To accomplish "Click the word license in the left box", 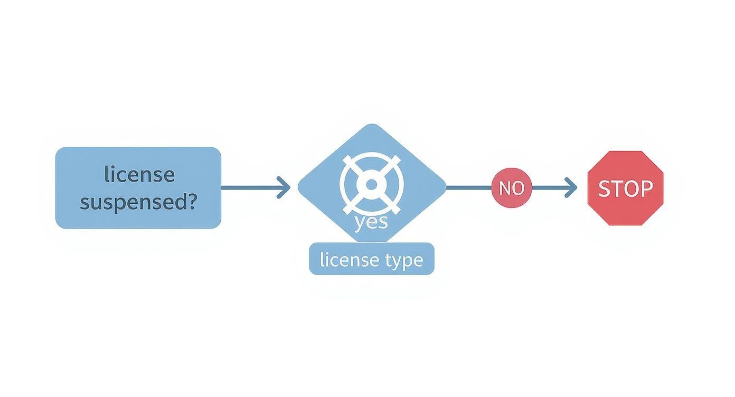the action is point(139,174).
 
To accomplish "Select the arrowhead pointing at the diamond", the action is point(285,187).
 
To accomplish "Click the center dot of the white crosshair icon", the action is point(371,184).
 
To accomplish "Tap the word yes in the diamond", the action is point(371,222).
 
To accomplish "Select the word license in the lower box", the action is point(350,259).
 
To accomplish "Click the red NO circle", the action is point(511,188).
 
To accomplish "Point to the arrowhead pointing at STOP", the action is point(571,187).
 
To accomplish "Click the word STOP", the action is point(625,188).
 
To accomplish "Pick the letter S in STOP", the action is point(604,188).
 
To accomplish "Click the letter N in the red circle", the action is point(505,188).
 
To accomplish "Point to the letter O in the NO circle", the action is point(518,188).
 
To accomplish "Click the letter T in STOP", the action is point(617,188).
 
